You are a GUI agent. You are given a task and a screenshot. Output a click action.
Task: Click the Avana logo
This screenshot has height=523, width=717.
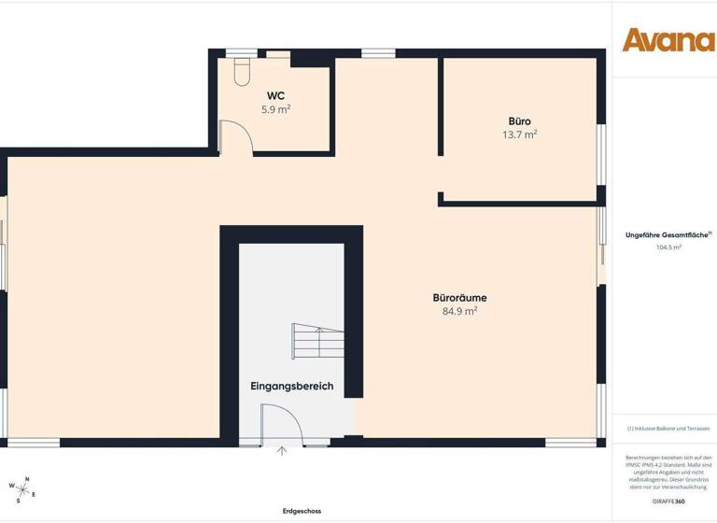[668, 40]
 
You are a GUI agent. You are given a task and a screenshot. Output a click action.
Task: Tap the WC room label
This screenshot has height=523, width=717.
[275, 95]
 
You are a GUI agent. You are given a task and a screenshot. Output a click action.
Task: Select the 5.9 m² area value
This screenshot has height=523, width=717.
[275, 109]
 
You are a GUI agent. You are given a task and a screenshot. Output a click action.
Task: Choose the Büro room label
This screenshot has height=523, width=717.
[519, 121]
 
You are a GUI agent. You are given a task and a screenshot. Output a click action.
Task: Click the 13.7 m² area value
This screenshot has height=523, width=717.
[519, 134]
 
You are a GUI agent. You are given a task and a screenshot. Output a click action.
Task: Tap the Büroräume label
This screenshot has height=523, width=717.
[459, 298]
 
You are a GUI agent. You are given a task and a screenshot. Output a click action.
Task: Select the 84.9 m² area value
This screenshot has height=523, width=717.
[459, 311]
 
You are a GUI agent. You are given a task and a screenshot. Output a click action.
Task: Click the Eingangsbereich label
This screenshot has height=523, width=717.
[291, 386]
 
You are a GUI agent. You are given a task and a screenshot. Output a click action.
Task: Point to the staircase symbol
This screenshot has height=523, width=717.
[317, 340]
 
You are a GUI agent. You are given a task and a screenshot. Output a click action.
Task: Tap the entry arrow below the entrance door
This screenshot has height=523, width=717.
[282, 451]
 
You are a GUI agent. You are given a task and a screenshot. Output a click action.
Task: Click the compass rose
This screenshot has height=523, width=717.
[22, 487]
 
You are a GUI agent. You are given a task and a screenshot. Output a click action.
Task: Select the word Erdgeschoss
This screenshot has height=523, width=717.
[302, 511]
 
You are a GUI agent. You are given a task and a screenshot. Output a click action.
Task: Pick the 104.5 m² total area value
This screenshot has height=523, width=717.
[668, 247]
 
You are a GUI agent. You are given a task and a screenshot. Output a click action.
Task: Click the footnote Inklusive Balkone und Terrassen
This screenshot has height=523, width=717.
[668, 428]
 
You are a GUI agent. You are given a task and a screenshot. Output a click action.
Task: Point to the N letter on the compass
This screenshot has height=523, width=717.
[28, 478]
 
